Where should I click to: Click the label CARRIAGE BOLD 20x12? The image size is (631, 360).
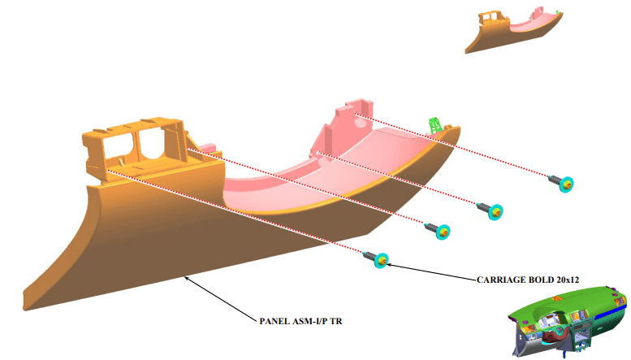528,280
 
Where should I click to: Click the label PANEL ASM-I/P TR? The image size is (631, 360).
300,321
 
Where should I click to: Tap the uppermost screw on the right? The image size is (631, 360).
561,182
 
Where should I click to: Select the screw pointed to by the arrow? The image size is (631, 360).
376,259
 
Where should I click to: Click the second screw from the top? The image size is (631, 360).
491,210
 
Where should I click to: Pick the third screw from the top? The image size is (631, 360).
438,231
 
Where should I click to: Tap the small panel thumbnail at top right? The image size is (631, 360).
514,29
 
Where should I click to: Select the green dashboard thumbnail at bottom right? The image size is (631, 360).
568,321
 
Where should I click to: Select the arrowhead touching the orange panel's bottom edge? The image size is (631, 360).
187,278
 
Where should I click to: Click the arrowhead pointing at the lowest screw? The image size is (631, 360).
389,265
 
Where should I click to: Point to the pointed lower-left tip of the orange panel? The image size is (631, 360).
24,307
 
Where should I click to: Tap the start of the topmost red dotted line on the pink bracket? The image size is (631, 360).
355,114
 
